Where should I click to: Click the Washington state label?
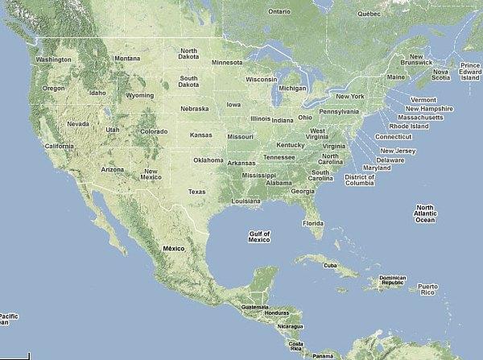[x=53, y=60]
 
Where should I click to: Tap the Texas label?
[x=196, y=192]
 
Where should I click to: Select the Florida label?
[x=313, y=223]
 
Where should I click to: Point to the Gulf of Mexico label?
[x=259, y=237]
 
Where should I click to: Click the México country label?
[x=174, y=249]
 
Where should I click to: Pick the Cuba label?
[x=328, y=265]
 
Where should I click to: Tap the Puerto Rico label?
[x=427, y=290]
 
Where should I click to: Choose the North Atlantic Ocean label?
[x=424, y=213]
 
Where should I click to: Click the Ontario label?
[x=279, y=12]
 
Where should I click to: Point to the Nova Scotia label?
[x=440, y=74]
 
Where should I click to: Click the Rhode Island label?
[x=407, y=126]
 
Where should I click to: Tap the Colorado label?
[x=154, y=131]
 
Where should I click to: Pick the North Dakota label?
[x=188, y=54]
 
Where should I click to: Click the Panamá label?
[x=323, y=355]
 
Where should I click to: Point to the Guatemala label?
[x=254, y=307]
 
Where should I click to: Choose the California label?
[x=59, y=146]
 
